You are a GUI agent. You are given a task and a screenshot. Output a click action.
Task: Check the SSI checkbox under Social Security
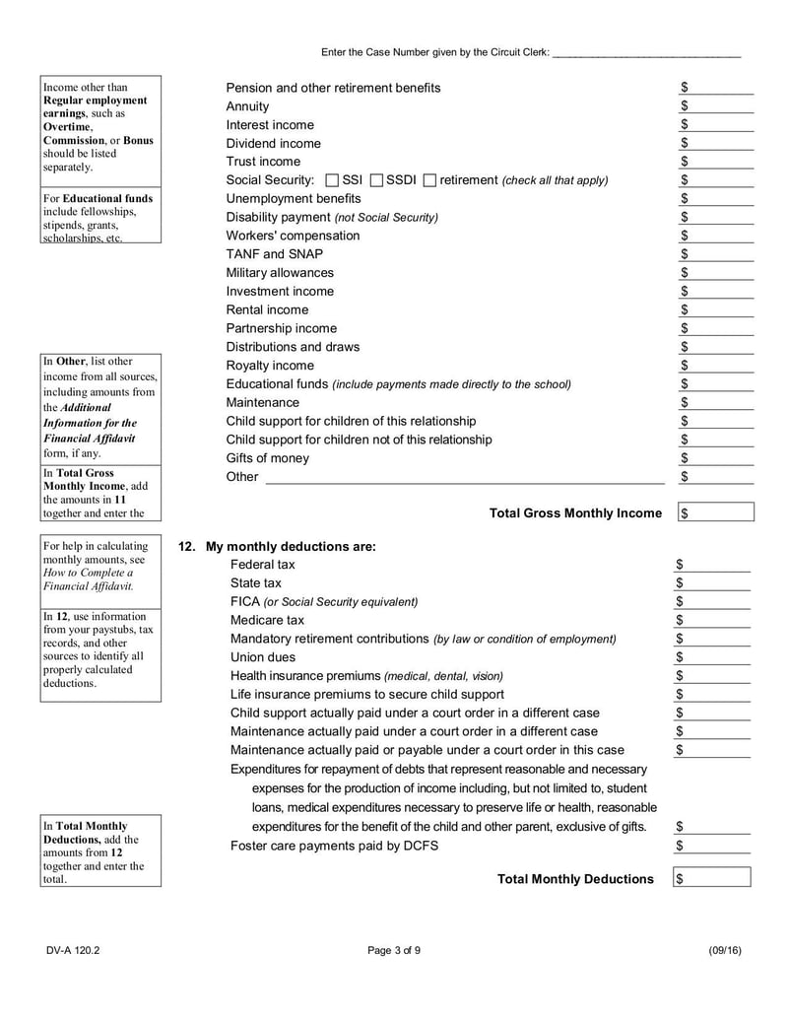pos(331,180)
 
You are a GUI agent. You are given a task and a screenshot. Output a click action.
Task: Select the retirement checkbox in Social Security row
pos(428,180)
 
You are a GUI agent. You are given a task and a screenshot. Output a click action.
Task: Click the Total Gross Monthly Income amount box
pos(716,512)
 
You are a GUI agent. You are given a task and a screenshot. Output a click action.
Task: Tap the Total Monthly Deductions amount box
pos(712,878)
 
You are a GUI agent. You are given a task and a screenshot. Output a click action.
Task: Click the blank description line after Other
pos(465,477)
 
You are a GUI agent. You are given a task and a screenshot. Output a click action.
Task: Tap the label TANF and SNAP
pos(274,254)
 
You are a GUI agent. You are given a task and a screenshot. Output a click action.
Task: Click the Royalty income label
pos(270,366)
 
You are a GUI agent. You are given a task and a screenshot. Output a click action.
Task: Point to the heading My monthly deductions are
pos(291,546)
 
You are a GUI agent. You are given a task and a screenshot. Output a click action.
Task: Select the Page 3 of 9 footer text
pos(393,950)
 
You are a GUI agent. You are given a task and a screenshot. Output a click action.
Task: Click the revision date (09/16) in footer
pos(724,950)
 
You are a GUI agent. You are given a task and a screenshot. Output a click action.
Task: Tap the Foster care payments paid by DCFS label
pos(334,846)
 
